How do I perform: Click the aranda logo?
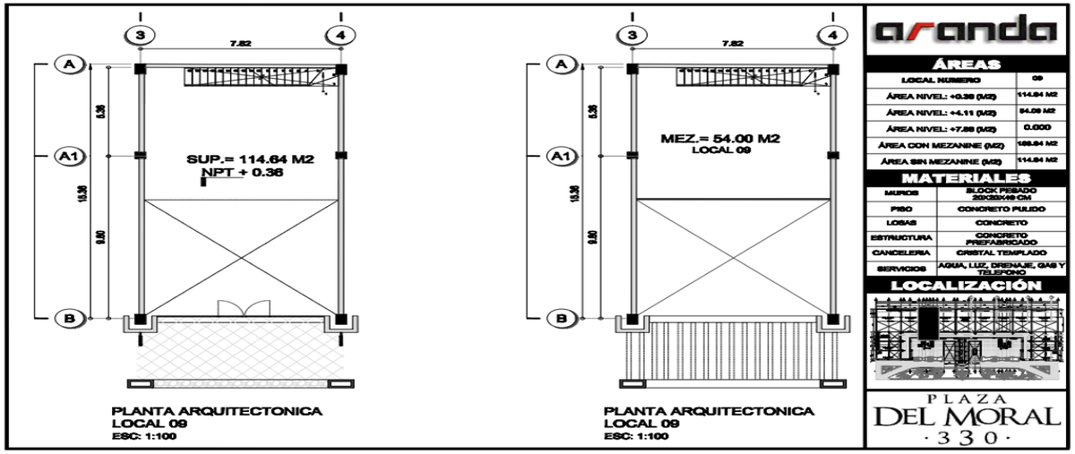coord(964,32)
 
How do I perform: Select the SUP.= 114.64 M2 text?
coord(250,159)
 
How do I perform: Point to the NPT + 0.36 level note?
coord(243,173)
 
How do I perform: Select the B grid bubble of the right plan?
coord(562,316)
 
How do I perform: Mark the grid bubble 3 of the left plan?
coord(142,35)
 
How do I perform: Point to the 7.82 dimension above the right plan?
coord(732,42)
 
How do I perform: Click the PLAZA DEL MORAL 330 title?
coord(964,417)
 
